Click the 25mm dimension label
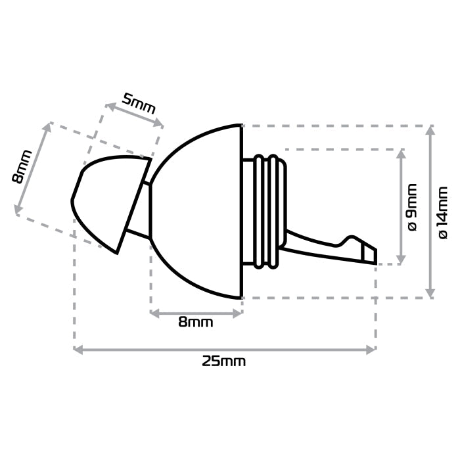pos(223,361)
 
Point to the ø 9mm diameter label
pos(413,207)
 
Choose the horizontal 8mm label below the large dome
pos(196,322)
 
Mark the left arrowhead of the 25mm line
pos(77,350)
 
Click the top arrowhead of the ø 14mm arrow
pos(430,129)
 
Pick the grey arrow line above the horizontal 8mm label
pos(196,313)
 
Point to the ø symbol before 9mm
pos(413,225)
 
